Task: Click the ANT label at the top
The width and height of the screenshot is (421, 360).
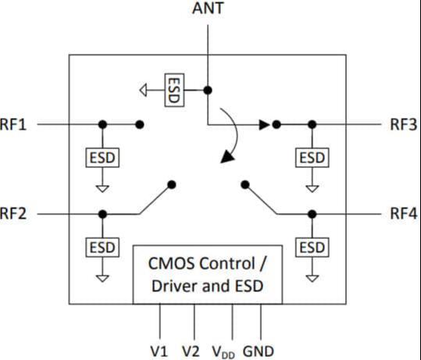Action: coord(208,8)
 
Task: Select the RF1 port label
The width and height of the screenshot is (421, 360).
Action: coord(13,125)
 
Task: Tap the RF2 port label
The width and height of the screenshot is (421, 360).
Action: coord(13,214)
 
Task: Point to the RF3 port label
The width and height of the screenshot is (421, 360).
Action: coord(404,125)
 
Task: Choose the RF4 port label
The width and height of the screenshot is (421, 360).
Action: coord(404,214)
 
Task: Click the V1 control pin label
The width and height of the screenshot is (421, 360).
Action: coord(159,351)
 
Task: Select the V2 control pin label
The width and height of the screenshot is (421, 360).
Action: coord(191,351)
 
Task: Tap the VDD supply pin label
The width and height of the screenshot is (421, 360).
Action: coord(223,352)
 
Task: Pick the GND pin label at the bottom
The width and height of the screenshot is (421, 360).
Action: coord(259,351)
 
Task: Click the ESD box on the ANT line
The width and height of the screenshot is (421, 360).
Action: coord(174,91)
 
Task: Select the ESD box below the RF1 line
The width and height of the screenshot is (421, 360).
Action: coord(102,158)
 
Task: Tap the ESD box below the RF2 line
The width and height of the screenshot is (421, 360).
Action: coord(102,248)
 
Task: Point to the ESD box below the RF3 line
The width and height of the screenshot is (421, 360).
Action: coord(312,158)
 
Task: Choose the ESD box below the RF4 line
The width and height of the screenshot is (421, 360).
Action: coord(312,248)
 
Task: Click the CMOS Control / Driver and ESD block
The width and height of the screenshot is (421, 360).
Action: coord(208,275)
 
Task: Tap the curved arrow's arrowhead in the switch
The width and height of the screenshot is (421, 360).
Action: coord(227,157)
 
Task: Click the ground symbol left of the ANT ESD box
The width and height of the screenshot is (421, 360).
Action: coord(144,91)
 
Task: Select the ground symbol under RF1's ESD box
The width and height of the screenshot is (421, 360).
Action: coord(102,189)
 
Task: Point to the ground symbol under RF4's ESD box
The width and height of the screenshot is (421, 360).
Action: coord(312,278)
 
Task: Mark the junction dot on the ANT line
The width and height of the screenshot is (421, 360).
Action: coord(208,91)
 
